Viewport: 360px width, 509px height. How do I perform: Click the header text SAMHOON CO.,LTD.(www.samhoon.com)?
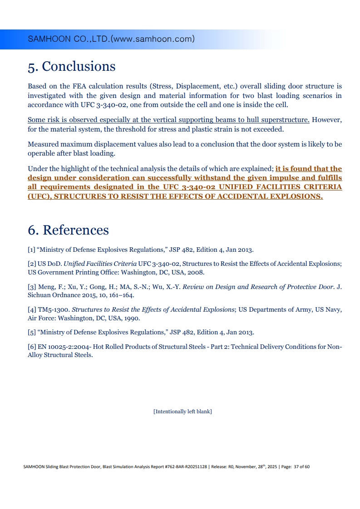click(x=111, y=39)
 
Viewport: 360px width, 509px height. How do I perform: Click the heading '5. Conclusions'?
click(x=72, y=67)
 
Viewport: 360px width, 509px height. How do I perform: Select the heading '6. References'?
click(x=68, y=230)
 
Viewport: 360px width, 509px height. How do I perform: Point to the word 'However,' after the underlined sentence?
click(x=327, y=120)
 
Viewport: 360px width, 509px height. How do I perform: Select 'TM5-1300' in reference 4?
click(x=54, y=310)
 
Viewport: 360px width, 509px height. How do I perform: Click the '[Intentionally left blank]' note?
click(x=182, y=411)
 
